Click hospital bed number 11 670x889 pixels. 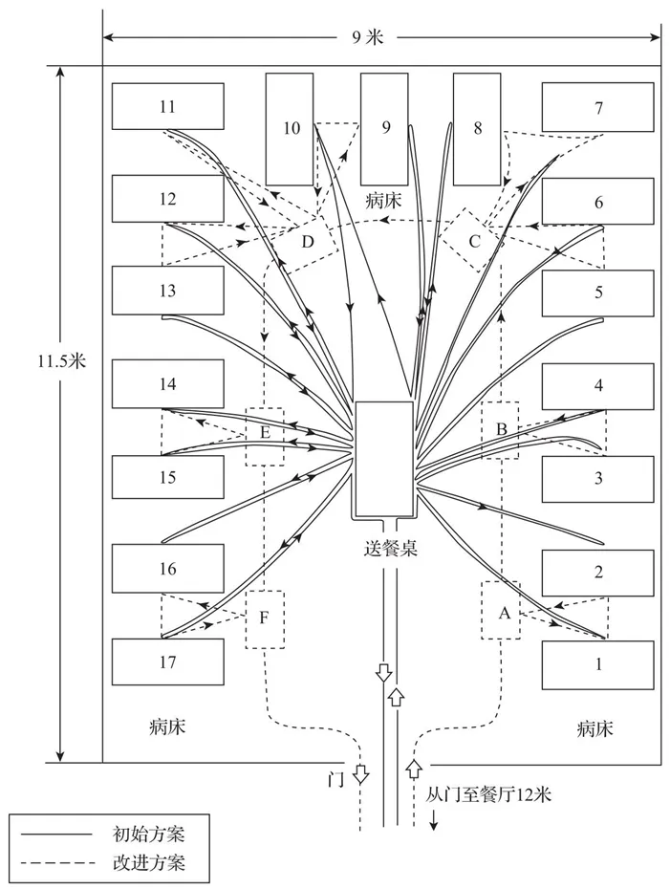pos(168,106)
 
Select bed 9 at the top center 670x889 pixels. pos(385,128)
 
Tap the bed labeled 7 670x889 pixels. pos(598,106)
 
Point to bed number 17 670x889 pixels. pos(168,661)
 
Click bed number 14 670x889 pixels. pos(168,383)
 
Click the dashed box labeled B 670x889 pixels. pos(501,429)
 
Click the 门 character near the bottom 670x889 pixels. pos(334,778)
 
